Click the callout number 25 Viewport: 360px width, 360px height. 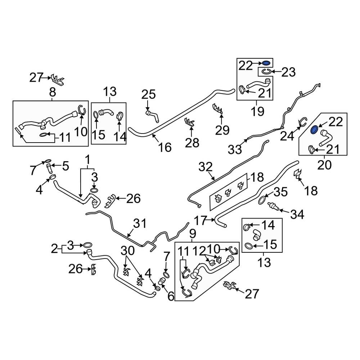coord(149,95)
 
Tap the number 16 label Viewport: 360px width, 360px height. coord(165,147)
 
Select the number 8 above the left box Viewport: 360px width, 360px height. coord(53,92)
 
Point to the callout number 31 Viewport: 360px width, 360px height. coord(140,223)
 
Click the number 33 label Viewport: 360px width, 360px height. coord(235,150)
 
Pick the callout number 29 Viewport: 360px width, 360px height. coord(222,130)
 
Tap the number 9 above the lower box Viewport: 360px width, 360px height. coord(193,234)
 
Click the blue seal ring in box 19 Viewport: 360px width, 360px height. coord(266,63)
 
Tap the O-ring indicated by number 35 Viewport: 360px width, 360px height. coord(263,199)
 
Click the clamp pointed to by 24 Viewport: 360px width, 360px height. coord(302,122)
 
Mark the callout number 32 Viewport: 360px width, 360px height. coord(205,167)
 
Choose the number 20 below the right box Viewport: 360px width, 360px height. coord(324,165)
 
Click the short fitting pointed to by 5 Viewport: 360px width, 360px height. coord(49,169)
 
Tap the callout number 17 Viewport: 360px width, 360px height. coord(201,221)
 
